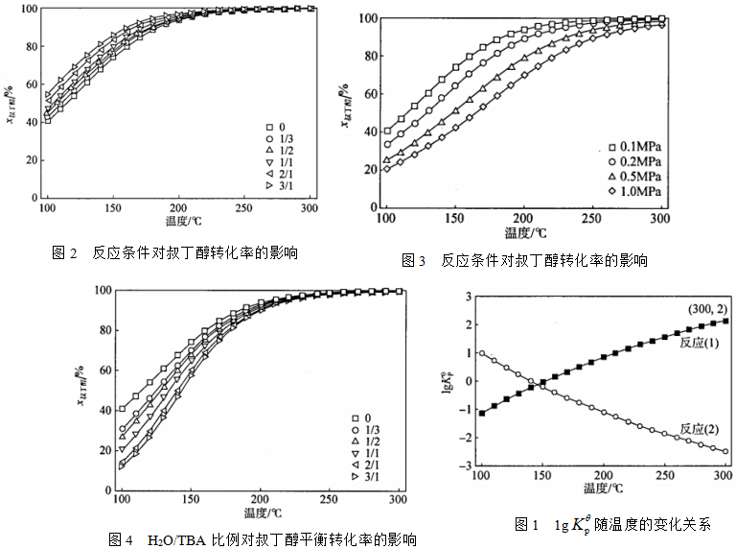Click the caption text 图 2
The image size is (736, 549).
(x=65, y=253)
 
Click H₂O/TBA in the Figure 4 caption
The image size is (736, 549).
(x=179, y=539)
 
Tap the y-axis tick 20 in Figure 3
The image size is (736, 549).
(x=367, y=170)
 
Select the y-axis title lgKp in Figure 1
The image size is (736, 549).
(x=448, y=381)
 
